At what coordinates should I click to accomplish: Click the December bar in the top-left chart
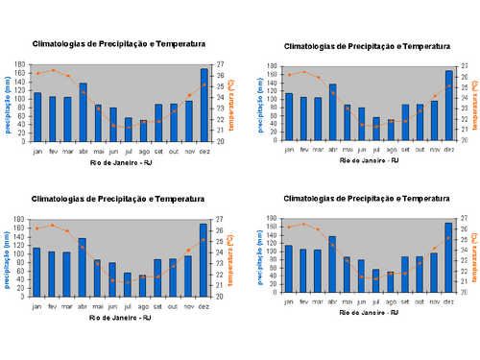[x=204, y=105]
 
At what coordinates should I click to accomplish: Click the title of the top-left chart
[x=118, y=44]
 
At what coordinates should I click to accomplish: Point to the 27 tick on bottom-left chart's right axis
[x=221, y=220]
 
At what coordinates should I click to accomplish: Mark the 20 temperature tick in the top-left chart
[x=221, y=141]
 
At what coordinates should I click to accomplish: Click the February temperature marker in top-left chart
[x=53, y=70]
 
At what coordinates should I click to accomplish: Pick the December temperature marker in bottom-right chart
[x=448, y=237]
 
